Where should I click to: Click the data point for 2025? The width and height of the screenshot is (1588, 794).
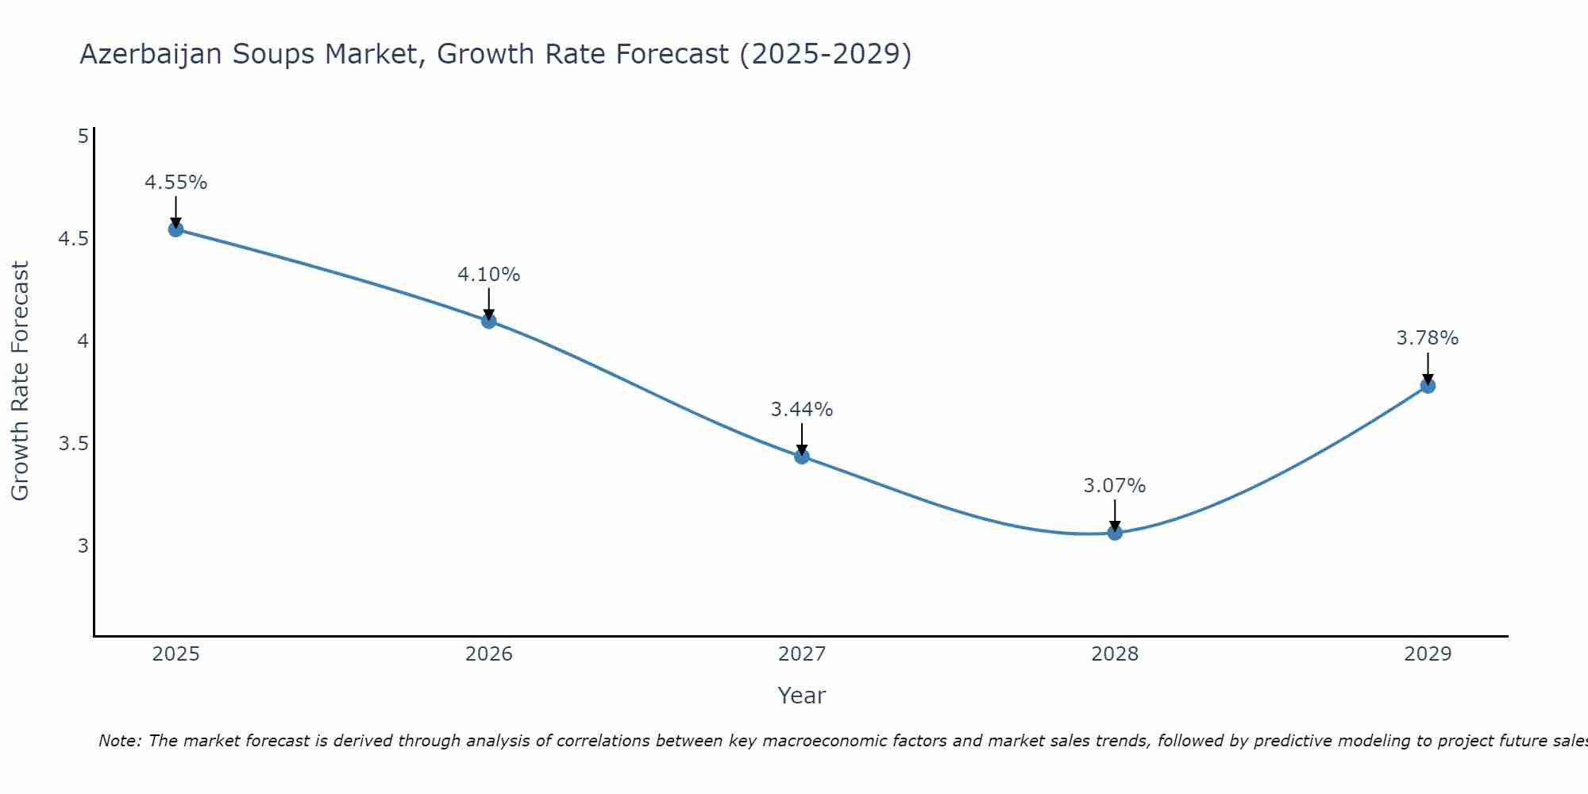tap(175, 229)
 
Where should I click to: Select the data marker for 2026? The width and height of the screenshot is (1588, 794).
tap(489, 321)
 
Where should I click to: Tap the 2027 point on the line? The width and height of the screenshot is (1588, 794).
tap(802, 456)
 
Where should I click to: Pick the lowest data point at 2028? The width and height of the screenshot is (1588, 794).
tap(1115, 532)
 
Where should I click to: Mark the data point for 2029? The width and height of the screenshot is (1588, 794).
tap(1428, 386)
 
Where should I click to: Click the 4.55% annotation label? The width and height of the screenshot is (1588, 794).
tap(175, 183)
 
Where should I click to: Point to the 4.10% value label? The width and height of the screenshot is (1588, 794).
tap(489, 275)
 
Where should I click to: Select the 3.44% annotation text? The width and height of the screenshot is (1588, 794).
tap(802, 410)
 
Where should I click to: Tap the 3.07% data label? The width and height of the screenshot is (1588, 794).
tap(1115, 486)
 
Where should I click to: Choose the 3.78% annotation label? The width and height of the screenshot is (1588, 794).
tap(1428, 338)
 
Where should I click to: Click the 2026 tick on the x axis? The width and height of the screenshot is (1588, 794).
tap(489, 654)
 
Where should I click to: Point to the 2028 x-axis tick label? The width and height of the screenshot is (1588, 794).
tap(1115, 654)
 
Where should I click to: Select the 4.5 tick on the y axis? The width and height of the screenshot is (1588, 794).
tap(73, 239)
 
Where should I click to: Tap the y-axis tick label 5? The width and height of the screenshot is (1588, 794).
tap(83, 137)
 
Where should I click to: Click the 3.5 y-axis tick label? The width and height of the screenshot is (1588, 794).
tap(73, 443)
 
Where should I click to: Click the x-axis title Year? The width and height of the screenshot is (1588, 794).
tap(802, 696)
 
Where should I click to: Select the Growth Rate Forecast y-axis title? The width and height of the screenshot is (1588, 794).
tap(20, 381)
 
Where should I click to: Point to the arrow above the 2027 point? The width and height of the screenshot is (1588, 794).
tap(802, 440)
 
